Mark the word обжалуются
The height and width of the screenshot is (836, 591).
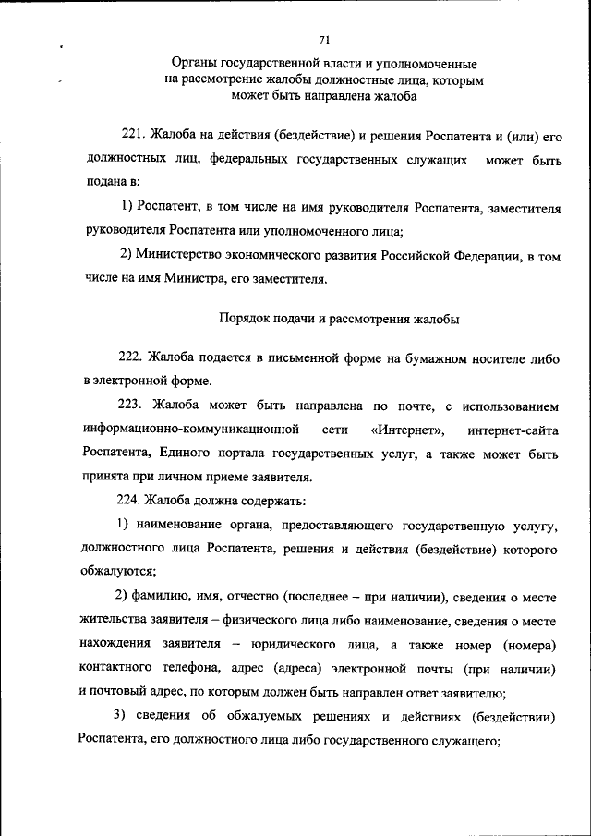click(x=116, y=571)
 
